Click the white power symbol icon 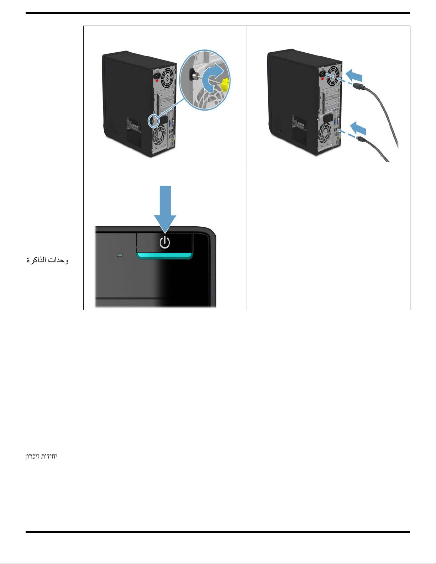[x=164, y=243]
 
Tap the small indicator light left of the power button [x=120, y=255]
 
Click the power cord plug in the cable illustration [x=358, y=86]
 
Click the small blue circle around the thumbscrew [x=152, y=121]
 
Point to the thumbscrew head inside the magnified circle [x=195, y=75]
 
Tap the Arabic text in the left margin [x=47, y=260]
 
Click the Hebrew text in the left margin [x=41, y=456]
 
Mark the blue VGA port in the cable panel [x=336, y=123]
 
